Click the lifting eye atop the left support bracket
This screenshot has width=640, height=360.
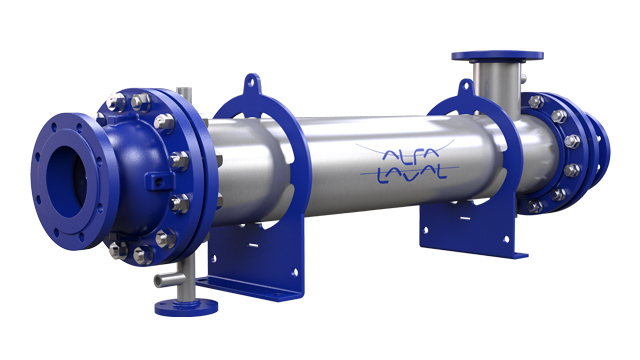pos(252,81)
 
